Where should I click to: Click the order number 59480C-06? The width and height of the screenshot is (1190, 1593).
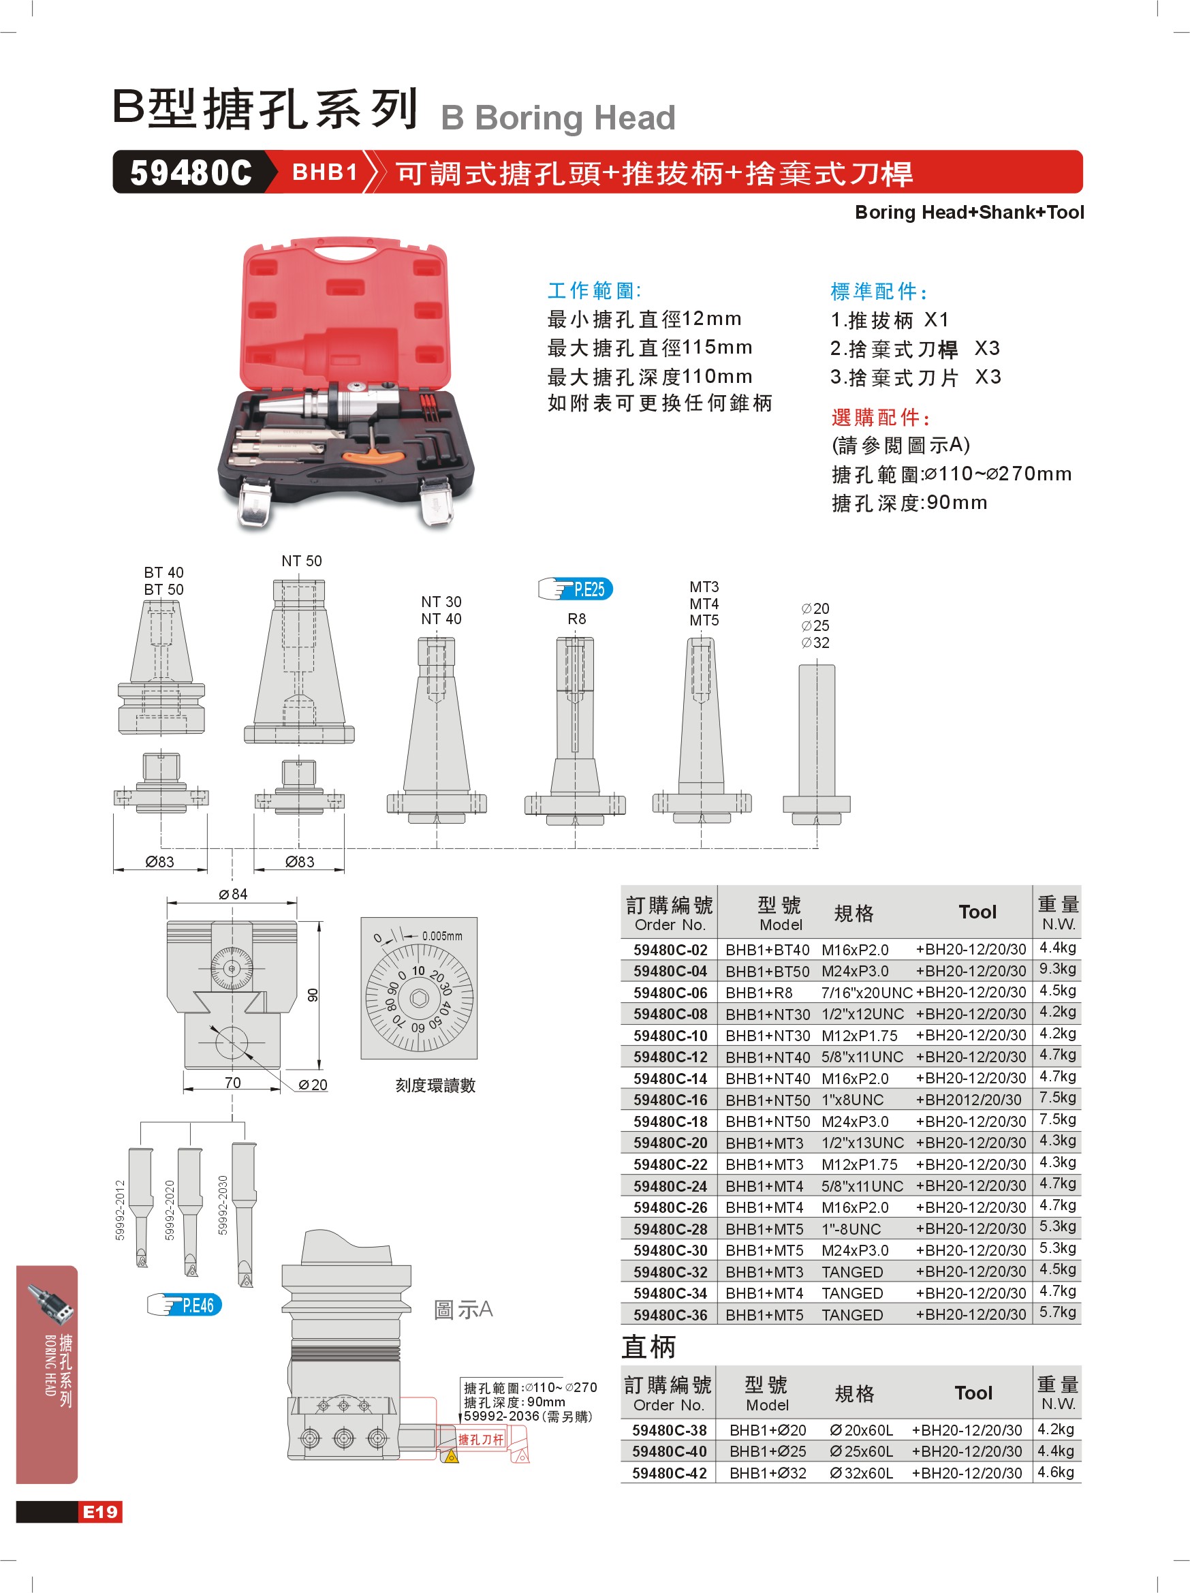[x=670, y=992]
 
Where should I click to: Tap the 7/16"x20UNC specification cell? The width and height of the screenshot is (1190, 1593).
[x=866, y=992]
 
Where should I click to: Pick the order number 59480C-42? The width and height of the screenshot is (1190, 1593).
[x=669, y=1472]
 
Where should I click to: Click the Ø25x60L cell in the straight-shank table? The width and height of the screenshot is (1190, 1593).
[x=861, y=1451]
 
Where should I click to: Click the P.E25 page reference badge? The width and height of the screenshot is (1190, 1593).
[x=576, y=589]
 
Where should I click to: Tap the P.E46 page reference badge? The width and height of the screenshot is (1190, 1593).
[x=185, y=1305]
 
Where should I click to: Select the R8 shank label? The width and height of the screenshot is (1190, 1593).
[x=577, y=619]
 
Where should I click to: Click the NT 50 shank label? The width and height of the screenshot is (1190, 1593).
[x=302, y=561]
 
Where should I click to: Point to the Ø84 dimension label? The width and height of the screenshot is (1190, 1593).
[x=233, y=894]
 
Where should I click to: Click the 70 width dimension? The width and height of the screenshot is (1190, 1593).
[x=232, y=1083]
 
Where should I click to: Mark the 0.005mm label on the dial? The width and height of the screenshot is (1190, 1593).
[x=442, y=936]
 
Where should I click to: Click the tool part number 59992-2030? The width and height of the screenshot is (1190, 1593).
[x=223, y=1205]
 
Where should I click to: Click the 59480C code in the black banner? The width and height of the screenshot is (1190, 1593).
[x=191, y=172]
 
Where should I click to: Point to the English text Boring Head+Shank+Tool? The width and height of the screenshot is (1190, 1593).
[x=969, y=213]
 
